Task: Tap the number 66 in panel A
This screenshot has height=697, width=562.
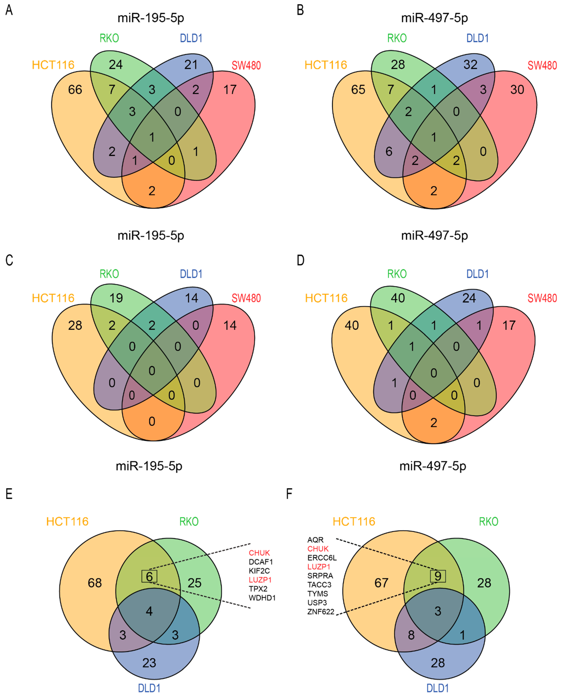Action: pos(75,90)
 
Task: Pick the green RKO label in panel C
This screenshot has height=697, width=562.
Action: pos(109,274)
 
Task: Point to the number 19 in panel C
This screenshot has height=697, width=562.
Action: pos(116,298)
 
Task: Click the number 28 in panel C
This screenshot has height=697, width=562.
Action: pos(75,325)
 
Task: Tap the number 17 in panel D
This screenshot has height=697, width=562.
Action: pos(509,325)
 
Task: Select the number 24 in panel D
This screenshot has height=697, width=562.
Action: pos(469,298)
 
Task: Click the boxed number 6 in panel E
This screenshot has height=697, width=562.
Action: pos(149,576)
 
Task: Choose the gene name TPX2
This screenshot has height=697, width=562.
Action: pos(258,589)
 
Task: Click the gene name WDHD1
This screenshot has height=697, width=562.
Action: pos(262,598)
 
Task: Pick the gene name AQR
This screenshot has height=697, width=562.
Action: pos(315,540)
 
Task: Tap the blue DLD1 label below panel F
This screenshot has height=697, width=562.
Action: pos(438,688)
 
